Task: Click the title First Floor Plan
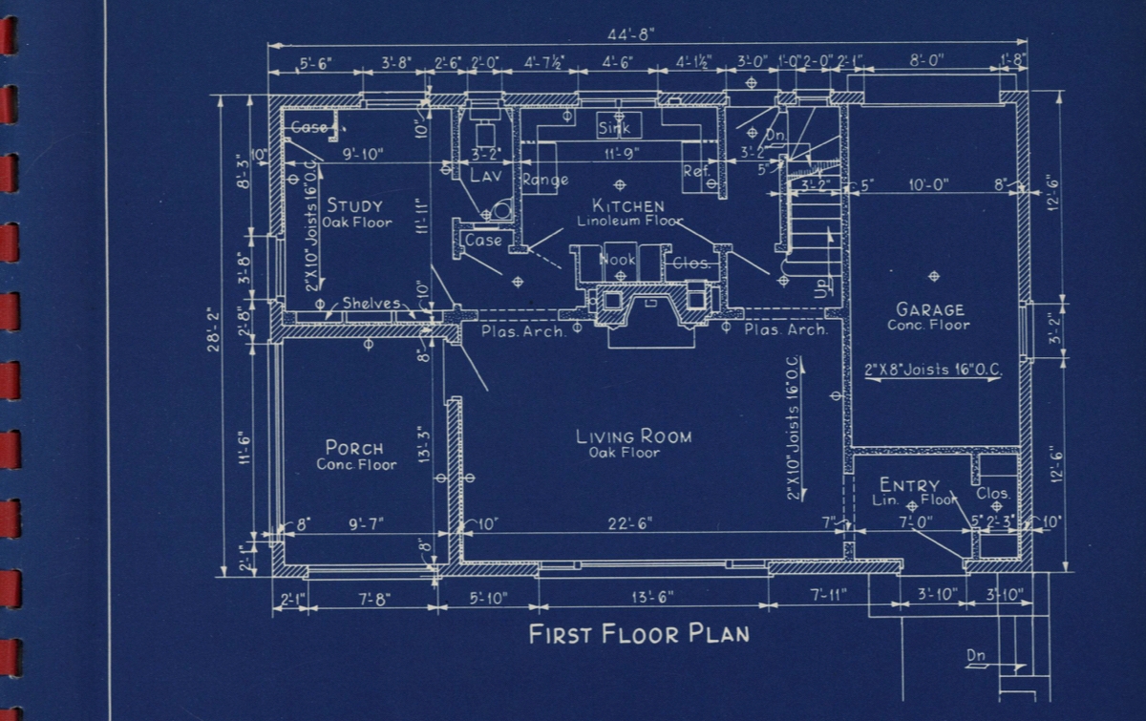(639, 634)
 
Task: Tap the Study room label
(354, 205)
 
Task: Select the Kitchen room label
(627, 205)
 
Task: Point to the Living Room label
(633, 436)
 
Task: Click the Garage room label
(929, 309)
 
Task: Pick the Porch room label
(354, 448)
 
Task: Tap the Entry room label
(909, 485)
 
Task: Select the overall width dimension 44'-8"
(631, 34)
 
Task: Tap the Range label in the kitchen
(544, 180)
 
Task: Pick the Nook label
(617, 259)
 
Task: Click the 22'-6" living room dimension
(631, 522)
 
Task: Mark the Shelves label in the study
(371, 304)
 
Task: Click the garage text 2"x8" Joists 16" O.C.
(932, 369)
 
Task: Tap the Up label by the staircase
(824, 287)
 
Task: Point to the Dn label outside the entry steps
(975, 655)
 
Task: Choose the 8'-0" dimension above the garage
(925, 60)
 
